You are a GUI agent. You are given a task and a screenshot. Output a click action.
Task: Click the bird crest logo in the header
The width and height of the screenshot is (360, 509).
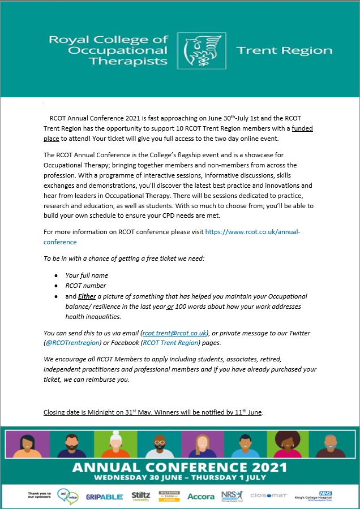[x=202, y=51]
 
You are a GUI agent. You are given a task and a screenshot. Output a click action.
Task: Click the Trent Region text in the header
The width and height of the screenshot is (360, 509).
[x=284, y=50]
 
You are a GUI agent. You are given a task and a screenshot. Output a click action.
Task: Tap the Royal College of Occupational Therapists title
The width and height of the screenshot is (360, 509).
[x=109, y=50]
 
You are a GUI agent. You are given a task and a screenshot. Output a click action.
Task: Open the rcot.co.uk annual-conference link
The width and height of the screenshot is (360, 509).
[x=252, y=232]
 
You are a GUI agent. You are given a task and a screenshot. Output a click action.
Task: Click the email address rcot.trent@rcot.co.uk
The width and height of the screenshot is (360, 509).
[x=174, y=333]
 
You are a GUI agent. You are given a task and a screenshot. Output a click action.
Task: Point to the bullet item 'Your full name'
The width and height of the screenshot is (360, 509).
[x=87, y=275]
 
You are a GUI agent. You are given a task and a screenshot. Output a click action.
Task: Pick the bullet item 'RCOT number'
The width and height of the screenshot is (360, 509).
[x=85, y=286]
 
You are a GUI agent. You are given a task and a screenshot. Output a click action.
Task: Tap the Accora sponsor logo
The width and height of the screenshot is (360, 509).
[x=201, y=496]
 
